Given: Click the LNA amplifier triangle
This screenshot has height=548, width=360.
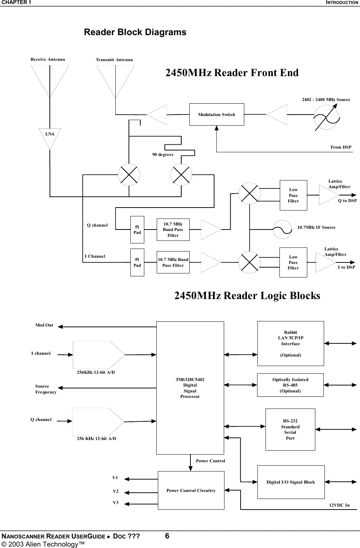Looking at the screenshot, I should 49,136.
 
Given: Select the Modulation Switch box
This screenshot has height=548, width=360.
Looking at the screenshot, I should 216,115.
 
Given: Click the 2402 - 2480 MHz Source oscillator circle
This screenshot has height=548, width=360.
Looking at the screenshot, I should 326,117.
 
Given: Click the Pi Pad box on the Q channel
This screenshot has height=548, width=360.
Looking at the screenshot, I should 137,230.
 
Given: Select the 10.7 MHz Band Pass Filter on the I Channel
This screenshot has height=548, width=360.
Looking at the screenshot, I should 173,262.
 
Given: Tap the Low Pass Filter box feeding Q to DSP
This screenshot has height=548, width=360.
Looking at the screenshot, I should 293,195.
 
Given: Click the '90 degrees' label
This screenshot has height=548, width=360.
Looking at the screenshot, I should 163,155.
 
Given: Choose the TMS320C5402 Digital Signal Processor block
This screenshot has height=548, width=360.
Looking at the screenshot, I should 190,388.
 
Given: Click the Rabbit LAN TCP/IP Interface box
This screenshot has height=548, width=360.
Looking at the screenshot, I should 290,343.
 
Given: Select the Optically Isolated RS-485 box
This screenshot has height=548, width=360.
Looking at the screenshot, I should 290,385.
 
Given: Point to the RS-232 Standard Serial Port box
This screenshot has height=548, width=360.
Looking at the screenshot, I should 290,429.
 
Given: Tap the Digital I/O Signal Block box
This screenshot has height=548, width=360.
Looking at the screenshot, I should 291,482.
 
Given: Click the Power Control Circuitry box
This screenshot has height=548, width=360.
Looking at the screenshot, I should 191,490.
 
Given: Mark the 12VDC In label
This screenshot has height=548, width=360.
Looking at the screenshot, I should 339,505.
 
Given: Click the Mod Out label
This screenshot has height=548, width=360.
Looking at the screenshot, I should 44,325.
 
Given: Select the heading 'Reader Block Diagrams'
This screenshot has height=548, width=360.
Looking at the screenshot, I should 135,32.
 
